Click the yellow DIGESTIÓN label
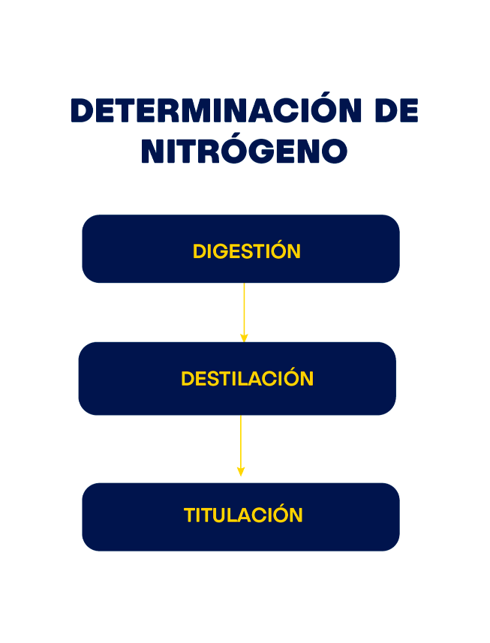246,251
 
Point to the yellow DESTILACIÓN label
247,379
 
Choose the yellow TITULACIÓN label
243,515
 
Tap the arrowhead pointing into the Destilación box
244,338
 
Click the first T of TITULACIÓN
189,515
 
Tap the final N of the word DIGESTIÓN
294,252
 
